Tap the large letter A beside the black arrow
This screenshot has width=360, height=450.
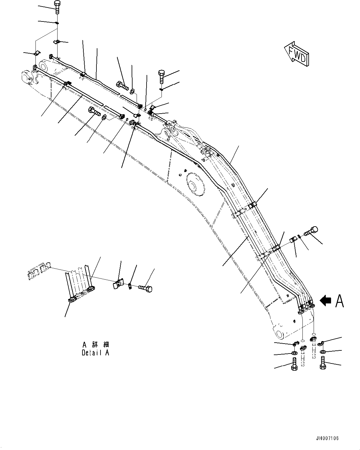pos(339,301)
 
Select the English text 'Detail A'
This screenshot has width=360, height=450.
pos(95,353)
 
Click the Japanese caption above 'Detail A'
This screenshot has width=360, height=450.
pos(96,345)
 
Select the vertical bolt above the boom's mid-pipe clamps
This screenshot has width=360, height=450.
pos(162,76)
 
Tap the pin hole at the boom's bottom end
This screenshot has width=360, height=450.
pos(279,334)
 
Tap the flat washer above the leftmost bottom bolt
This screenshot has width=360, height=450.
pos(294,354)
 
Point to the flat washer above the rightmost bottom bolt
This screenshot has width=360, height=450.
pos(323,352)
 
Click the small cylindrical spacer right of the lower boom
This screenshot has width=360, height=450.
pos(293,240)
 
